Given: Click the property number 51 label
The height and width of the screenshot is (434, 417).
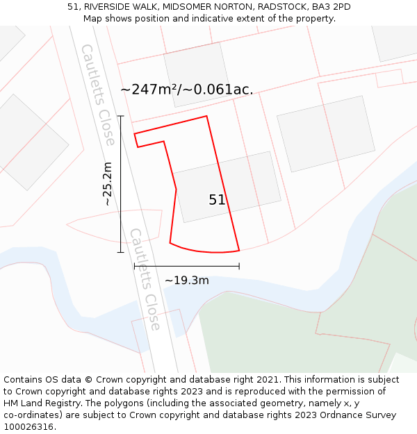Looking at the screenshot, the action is [217, 200].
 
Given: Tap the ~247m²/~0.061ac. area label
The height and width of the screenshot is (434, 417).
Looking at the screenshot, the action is [187, 90].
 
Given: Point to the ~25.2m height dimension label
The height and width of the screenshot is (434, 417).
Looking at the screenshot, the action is [107, 184].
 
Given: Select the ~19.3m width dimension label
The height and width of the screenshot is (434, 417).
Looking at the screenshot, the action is [186, 281].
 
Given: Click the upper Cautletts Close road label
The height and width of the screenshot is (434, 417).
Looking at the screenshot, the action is [98, 95].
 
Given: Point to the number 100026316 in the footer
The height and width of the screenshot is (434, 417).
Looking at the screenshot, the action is [28, 427].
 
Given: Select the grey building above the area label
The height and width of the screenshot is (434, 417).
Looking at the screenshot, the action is [196, 74].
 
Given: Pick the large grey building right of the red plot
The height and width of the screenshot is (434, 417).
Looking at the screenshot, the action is [325, 134].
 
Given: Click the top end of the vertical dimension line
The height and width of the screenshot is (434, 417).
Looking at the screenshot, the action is [120, 116].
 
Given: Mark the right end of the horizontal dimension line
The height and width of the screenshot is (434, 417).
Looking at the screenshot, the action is [239, 265].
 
